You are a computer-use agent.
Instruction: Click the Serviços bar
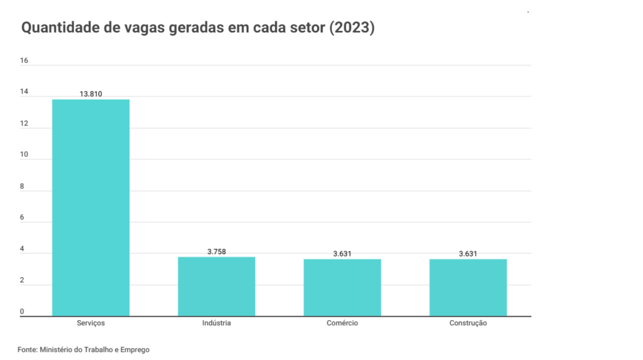pyautogui.click(x=91, y=208)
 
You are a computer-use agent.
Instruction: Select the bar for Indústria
pyautogui.click(x=217, y=286)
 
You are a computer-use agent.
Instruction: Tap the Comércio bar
pyautogui.click(x=342, y=287)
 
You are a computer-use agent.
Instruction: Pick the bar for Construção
pyautogui.click(x=468, y=287)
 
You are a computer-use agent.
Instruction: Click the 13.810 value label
pyautogui.click(x=91, y=94)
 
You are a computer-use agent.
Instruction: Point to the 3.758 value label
pyautogui.click(x=217, y=251)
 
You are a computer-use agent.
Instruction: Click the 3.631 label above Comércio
pyautogui.click(x=342, y=254)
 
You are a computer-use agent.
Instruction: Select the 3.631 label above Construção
pyautogui.click(x=468, y=254)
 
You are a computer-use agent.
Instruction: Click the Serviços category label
pyautogui.click(x=91, y=323)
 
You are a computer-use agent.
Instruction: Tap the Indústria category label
pyautogui.click(x=217, y=323)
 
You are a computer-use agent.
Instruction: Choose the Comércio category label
pyautogui.click(x=342, y=323)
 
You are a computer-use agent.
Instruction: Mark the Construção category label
pyautogui.click(x=468, y=323)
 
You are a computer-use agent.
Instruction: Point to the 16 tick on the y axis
pyautogui.click(x=24, y=61)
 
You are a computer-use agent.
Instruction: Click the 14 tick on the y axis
pyautogui.click(x=24, y=92)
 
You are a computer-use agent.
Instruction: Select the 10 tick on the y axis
pyautogui.click(x=24, y=155)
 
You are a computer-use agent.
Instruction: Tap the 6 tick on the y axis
pyautogui.click(x=22, y=218)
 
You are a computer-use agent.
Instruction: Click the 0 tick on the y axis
pyautogui.click(x=22, y=312)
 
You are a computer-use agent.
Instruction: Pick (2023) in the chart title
pyautogui.click(x=352, y=29)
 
